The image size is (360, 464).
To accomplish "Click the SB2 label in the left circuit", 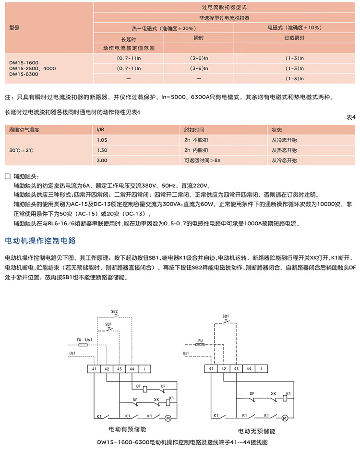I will click(x=114, y=311).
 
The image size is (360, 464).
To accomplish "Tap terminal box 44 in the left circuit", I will click(x=132, y=368).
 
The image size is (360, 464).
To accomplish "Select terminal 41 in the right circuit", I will click(x=211, y=368).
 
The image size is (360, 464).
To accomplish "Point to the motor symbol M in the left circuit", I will click(x=168, y=418).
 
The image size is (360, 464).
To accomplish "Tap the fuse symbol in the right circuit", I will click(x=200, y=344).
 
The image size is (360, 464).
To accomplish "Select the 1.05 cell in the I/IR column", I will click(x=101, y=140).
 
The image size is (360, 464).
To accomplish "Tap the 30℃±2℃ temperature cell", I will click(x=21, y=150).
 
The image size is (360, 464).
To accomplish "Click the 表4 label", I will click(x=350, y=117).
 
